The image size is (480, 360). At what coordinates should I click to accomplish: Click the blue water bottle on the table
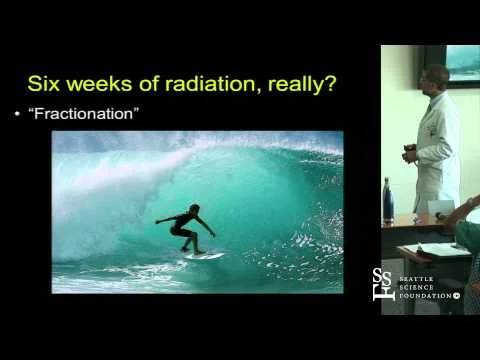click(387, 200)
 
